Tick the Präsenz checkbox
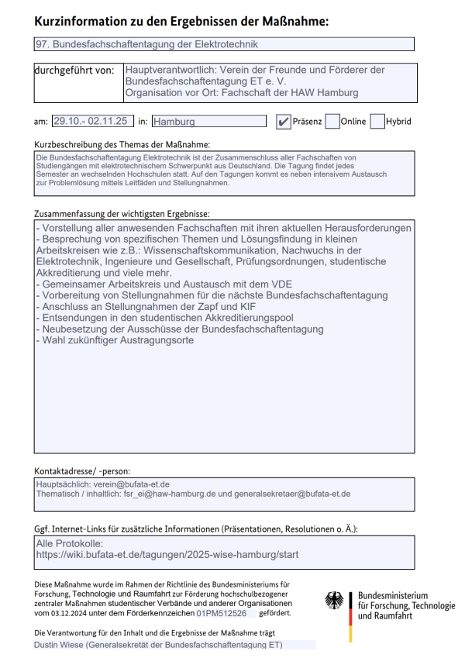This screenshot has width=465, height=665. [284, 121]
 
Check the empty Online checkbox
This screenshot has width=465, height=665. [332, 121]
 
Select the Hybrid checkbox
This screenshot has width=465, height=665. [377, 121]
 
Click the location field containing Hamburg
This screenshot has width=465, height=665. [208, 121]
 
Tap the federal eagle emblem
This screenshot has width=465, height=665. [335, 601]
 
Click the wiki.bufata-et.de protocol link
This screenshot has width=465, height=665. [167, 555]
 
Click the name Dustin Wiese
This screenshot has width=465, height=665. [59, 645]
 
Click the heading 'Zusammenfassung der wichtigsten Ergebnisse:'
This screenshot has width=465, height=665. [122, 213]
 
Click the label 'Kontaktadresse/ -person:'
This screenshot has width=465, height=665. [82, 470]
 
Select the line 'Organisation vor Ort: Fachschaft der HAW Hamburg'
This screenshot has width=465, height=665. [241, 93]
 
